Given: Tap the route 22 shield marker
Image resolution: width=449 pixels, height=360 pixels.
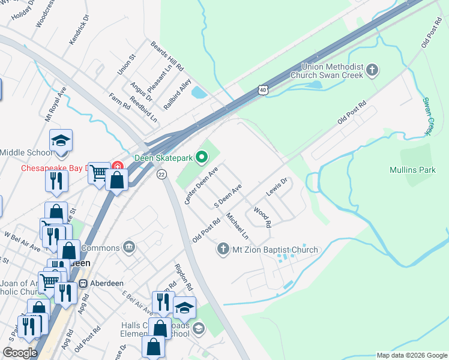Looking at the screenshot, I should (161, 174).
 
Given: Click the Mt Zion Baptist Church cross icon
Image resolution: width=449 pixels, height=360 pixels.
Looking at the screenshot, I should (223, 249).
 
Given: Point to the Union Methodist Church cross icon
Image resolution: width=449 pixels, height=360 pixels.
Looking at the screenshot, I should (372, 71).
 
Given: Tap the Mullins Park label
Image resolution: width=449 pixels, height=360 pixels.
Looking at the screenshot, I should (412, 170).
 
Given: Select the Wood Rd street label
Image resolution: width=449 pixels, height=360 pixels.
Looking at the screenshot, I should (262, 217).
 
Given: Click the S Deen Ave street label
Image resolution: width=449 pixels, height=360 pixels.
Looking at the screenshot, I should (228, 196).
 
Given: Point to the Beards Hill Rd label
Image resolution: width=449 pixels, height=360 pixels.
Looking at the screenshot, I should (167, 56).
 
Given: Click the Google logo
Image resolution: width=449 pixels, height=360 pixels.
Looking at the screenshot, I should (20, 352).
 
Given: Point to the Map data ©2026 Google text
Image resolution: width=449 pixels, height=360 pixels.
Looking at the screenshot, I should (412, 355).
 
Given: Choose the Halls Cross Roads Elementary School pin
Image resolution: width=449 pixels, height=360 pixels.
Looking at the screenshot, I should (199, 329).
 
